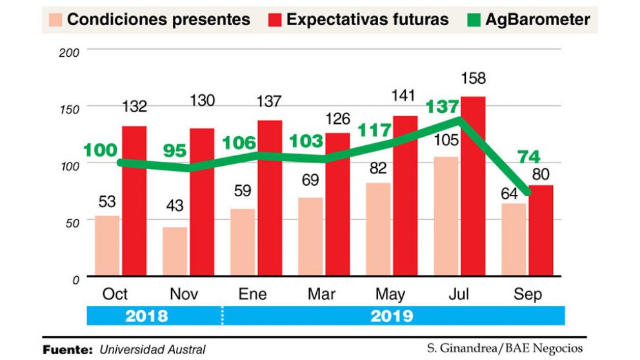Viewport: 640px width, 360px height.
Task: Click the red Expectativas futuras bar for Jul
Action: click(x=473, y=187)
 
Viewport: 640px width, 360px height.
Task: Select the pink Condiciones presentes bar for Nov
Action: click(x=175, y=251)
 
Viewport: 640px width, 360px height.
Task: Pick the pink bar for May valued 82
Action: click(x=377, y=229)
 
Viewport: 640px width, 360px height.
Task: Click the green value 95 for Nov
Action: click(x=175, y=151)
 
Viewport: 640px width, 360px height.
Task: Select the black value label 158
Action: click(x=473, y=79)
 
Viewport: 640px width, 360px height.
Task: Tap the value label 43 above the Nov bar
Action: click(x=174, y=206)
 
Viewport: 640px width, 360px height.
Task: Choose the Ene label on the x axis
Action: click(x=252, y=294)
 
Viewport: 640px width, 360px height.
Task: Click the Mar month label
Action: click(x=321, y=294)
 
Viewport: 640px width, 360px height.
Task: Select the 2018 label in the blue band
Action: click(x=147, y=316)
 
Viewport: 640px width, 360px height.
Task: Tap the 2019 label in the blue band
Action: click(x=392, y=316)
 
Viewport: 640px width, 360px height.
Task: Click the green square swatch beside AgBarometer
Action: click(x=475, y=19)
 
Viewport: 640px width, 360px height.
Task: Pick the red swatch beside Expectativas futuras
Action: click(x=275, y=19)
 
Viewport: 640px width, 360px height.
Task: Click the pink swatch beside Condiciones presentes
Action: click(x=55, y=19)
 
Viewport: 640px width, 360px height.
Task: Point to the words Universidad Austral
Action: click(x=152, y=350)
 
